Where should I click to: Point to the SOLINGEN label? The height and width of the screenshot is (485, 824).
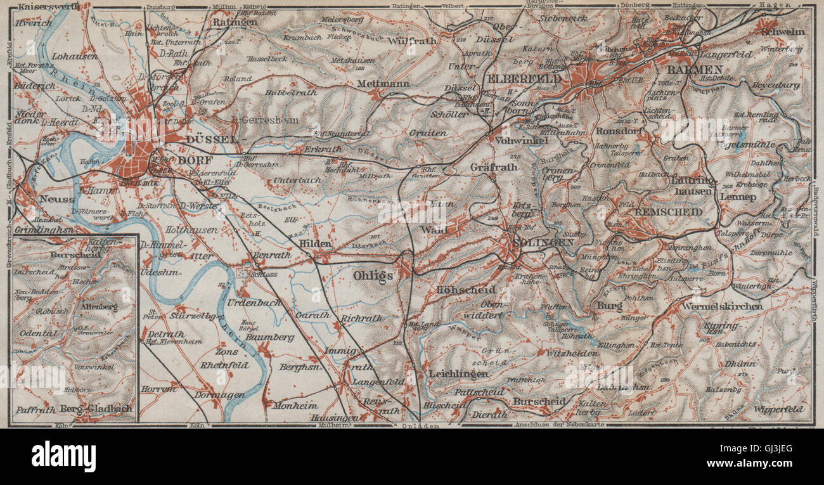tap(536, 243)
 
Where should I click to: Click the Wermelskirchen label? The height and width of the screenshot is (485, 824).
tap(723, 306)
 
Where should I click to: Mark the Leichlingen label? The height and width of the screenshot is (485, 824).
tap(458, 374)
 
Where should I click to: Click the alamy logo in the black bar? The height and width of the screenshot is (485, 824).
tap(63, 456)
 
